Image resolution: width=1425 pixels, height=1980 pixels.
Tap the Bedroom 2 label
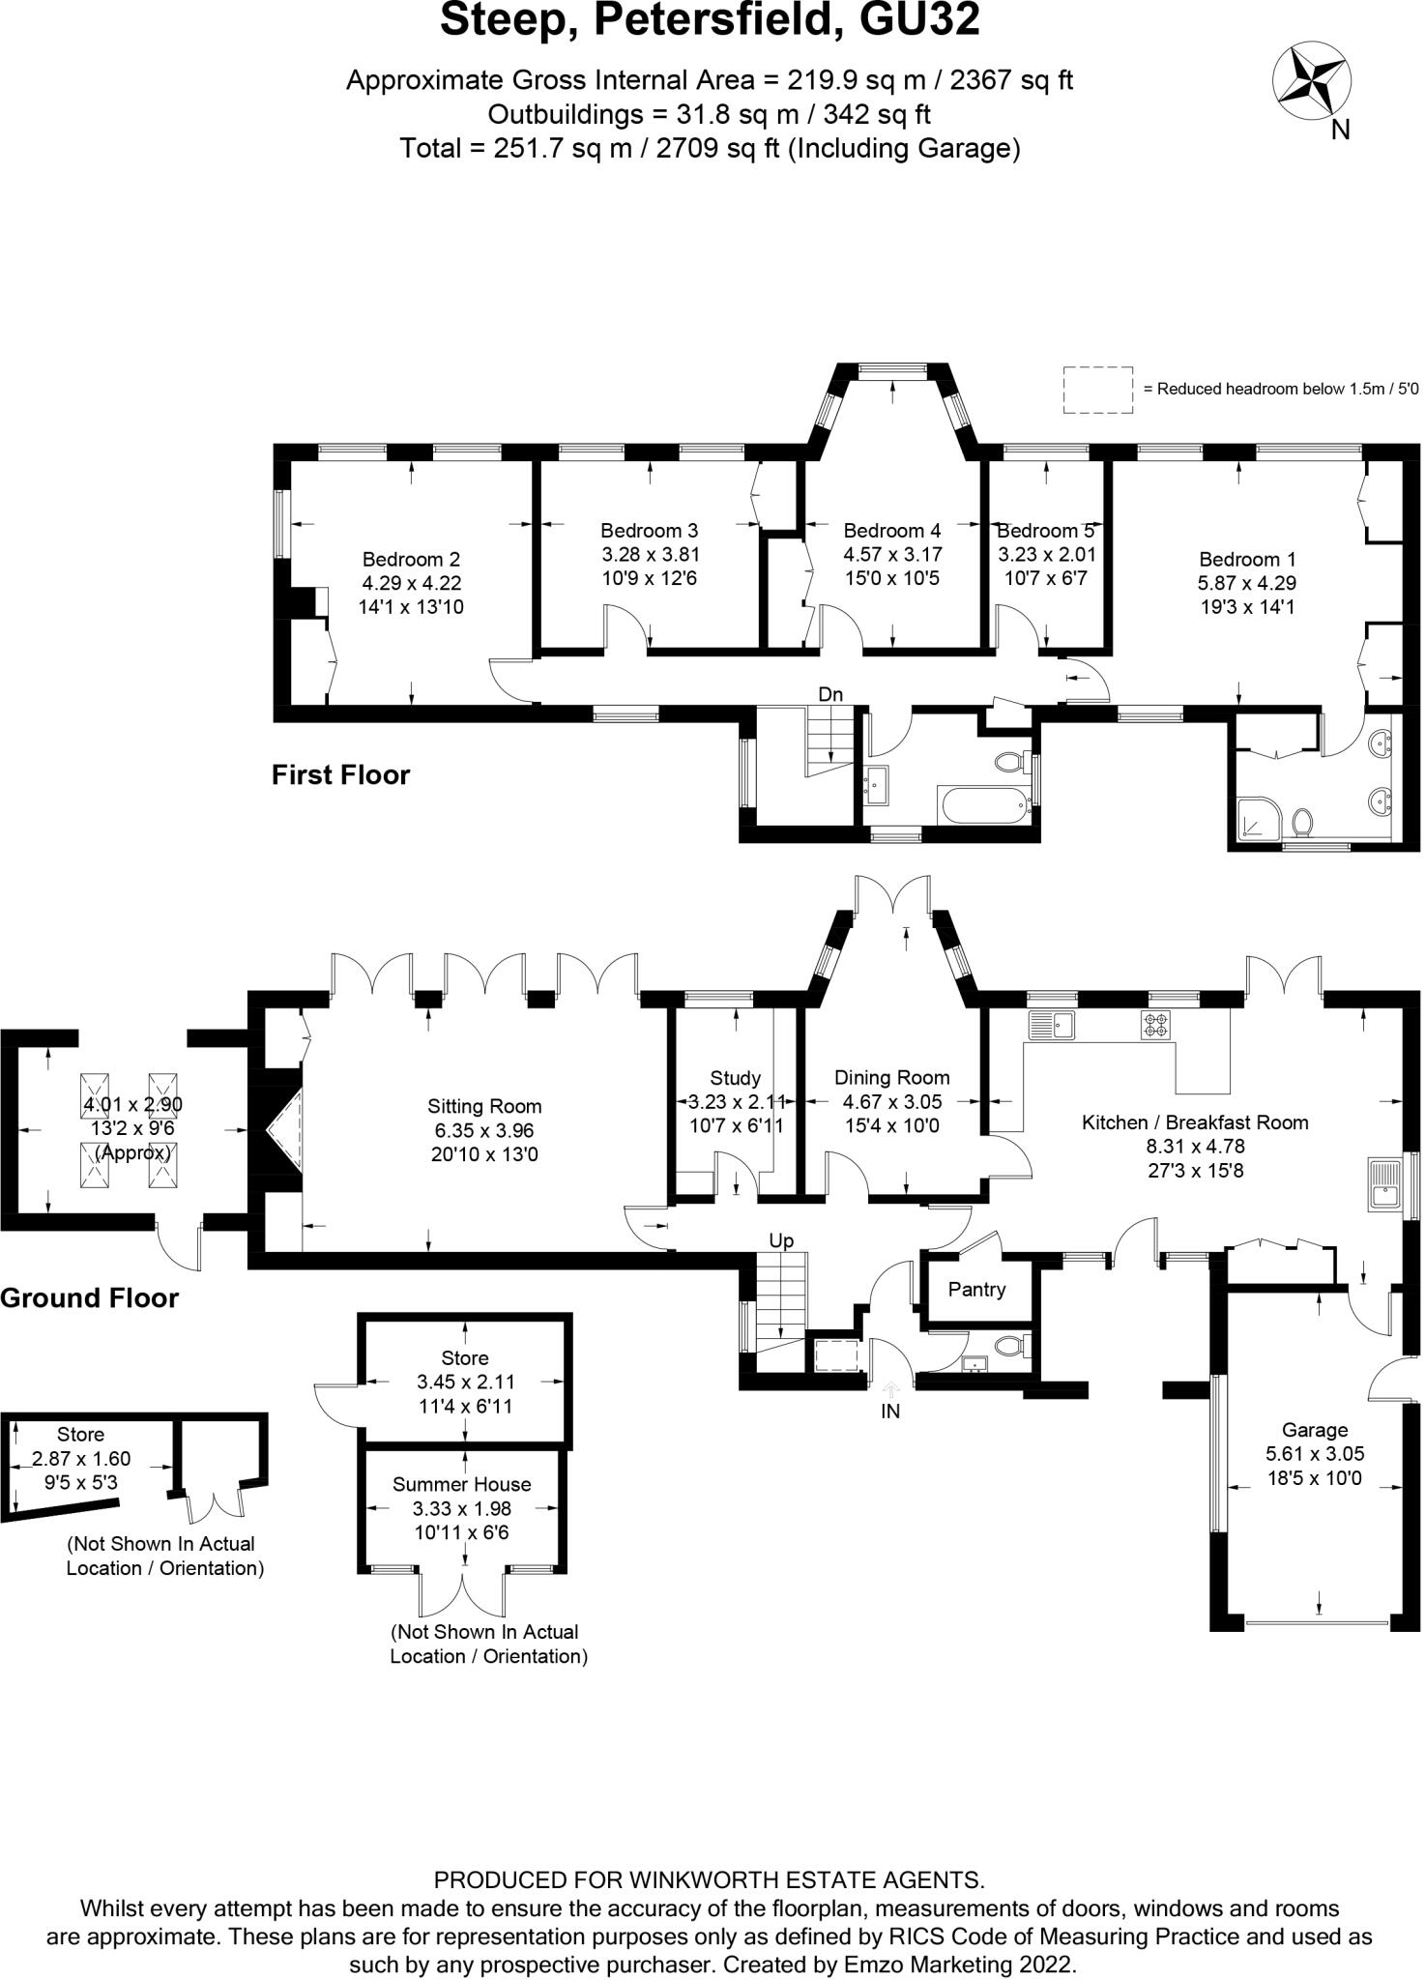[x=411, y=559]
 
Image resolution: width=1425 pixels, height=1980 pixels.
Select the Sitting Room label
[x=484, y=1106]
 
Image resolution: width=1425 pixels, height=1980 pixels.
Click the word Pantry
[x=976, y=1289]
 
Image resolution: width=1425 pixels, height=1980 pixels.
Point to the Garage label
[x=1315, y=1429]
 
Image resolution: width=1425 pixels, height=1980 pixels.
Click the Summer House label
[x=462, y=1484]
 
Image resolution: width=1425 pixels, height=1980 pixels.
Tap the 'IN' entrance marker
[x=890, y=1412]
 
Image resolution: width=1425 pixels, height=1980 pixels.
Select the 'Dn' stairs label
[x=830, y=694]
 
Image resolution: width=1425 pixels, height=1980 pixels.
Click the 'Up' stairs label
[x=781, y=1240]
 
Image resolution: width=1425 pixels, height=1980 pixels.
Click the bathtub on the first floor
[x=981, y=803]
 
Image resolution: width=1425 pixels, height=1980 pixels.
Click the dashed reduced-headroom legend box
[x=1098, y=390]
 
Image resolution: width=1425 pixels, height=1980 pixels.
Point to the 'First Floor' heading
[x=340, y=774]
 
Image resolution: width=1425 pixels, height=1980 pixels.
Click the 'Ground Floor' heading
[x=89, y=1297]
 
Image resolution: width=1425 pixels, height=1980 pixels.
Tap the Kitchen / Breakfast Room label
[x=1195, y=1122]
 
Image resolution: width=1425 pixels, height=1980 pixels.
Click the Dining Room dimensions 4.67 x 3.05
[x=891, y=1101]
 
